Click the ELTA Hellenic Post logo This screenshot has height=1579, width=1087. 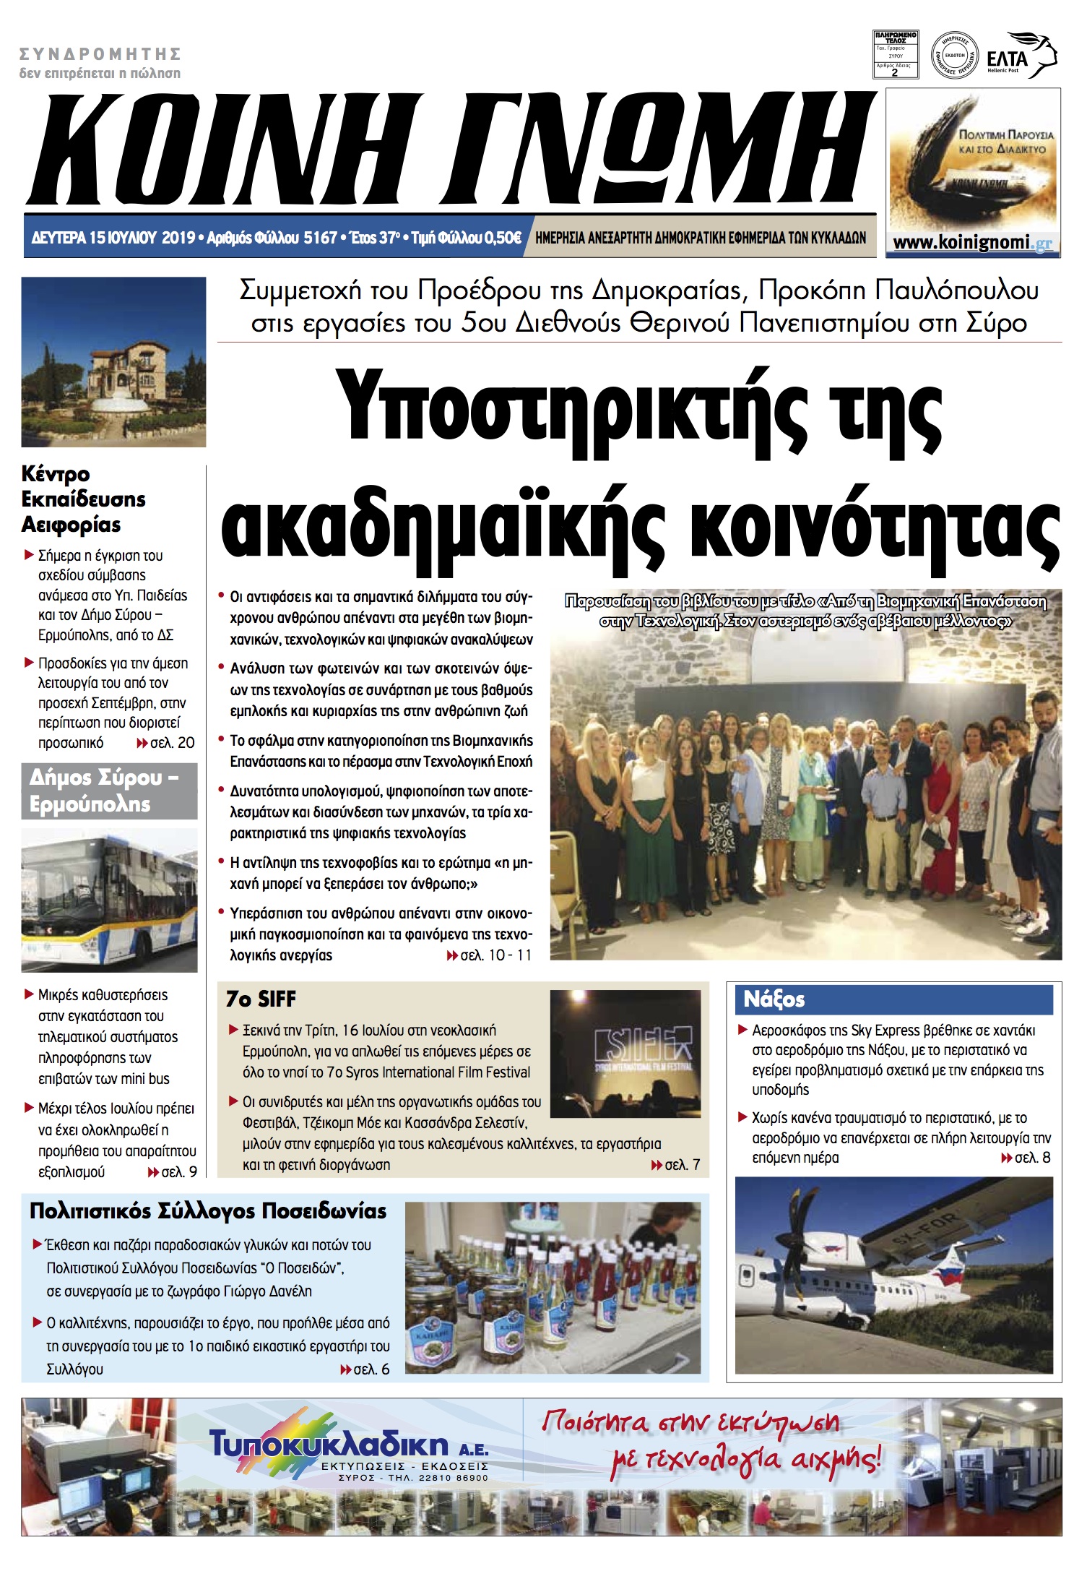pyautogui.click(x=1020, y=56)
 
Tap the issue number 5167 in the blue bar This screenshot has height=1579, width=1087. pyautogui.click(x=320, y=238)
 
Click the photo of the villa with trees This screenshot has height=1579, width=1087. pyautogui.click(x=113, y=361)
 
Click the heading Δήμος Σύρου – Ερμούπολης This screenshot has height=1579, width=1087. pyautogui.click(x=108, y=791)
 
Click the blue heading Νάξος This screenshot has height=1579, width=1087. pyautogui.click(x=774, y=999)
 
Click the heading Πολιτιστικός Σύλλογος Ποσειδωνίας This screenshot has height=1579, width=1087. pyautogui.click(x=208, y=1211)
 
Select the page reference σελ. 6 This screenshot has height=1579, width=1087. pyautogui.click(x=371, y=1369)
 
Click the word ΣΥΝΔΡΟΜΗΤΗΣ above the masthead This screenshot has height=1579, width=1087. pyautogui.click(x=100, y=54)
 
